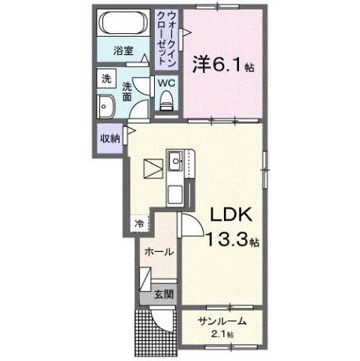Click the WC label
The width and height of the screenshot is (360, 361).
click(x=165, y=84)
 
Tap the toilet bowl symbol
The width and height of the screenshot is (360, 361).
click(x=167, y=99)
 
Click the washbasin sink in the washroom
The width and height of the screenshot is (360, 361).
click(x=105, y=106)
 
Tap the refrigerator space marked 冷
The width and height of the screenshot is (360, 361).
click(x=140, y=223)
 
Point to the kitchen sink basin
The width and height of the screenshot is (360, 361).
click(x=174, y=159)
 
